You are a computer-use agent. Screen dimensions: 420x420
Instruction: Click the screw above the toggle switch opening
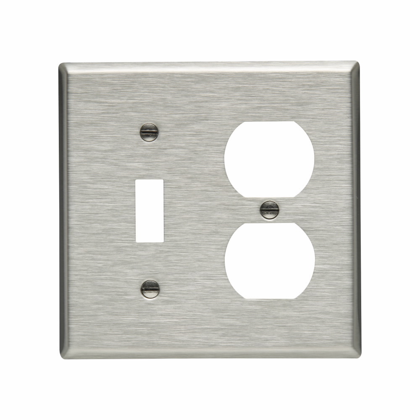click(149, 132)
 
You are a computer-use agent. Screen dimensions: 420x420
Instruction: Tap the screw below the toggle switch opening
click(150, 289)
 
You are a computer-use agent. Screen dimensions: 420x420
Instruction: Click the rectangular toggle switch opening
click(150, 210)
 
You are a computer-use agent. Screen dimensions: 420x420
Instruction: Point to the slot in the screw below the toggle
click(150, 289)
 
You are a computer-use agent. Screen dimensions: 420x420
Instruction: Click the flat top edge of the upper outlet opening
click(269, 122)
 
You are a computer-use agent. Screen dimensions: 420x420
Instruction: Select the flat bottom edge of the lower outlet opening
click(270, 298)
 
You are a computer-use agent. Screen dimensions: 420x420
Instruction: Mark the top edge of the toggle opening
click(150, 180)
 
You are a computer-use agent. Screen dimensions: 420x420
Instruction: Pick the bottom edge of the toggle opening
click(150, 241)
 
